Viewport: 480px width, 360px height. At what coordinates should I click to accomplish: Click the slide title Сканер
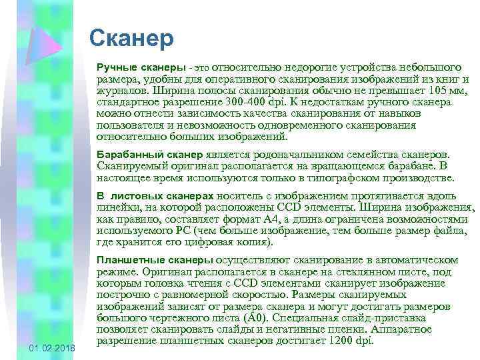131,38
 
